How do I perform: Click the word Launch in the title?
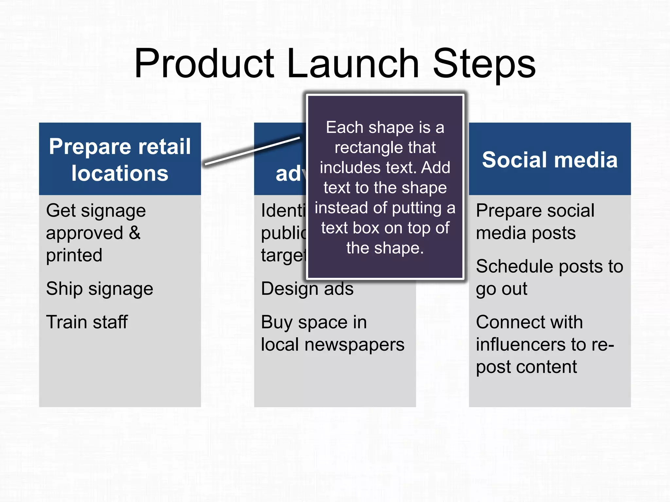[x=353, y=64]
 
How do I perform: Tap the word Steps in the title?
[x=484, y=64]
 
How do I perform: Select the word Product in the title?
[x=204, y=64]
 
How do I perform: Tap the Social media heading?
[x=550, y=160]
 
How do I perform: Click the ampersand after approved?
[x=134, y=233]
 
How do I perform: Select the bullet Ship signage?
[x=99, y=289]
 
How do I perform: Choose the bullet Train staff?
[x=87, y=322]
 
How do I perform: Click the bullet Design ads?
[x=307, y=289]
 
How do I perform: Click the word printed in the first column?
[x=74, y=255]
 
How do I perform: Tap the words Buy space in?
[x=314, y=323]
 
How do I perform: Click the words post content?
[x=526, y=367]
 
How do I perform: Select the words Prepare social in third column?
[x=535, y=211]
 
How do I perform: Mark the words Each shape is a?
[x=385, y=127]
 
